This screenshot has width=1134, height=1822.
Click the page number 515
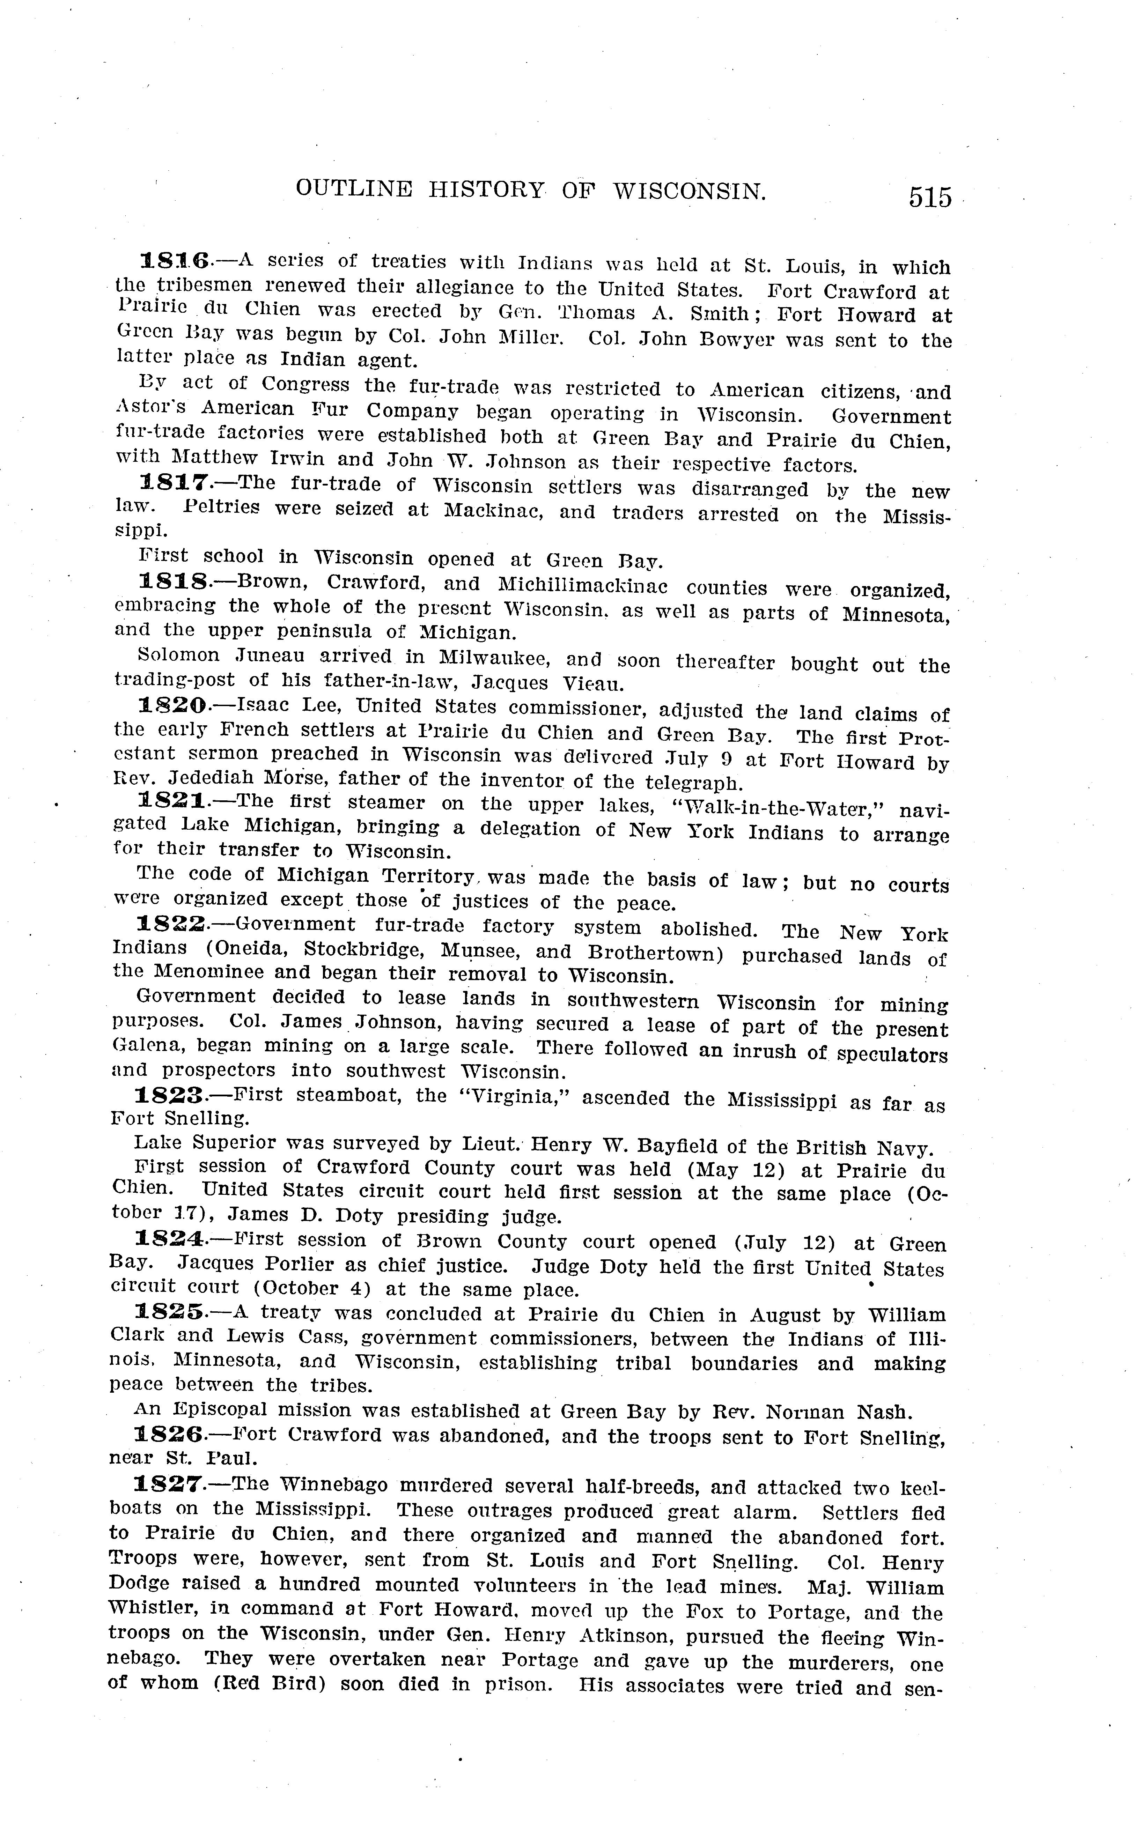pos(930,197)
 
